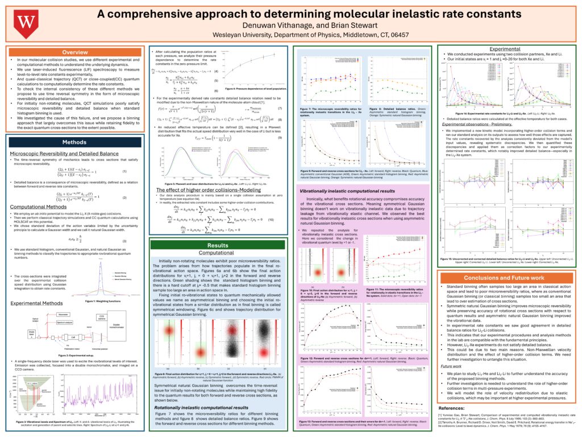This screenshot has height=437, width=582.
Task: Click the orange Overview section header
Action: tap(74, 52)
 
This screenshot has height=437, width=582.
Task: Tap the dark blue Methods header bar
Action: tap(74, 142)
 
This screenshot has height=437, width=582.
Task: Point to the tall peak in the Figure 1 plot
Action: tap(111, 270)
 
